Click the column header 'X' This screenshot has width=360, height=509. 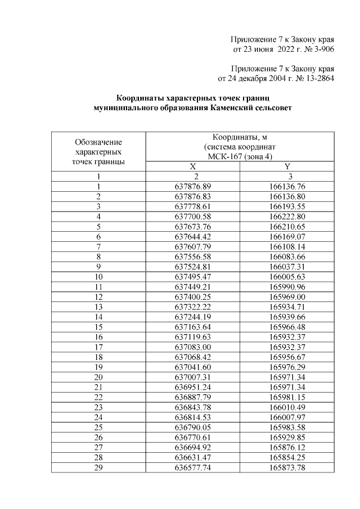tap(192, 166)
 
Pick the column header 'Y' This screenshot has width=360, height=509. tap(287, 166)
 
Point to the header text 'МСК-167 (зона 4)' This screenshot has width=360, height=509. tap(240, 156)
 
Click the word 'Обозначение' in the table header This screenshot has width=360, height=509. tap(98, 142)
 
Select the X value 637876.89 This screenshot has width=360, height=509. tap(192, 186)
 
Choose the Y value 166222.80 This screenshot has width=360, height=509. tap(287, 216)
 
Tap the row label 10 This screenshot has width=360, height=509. tap(98, 277)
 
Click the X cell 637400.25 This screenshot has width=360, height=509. tap(192, 296)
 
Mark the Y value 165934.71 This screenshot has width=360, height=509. tap(287, 307)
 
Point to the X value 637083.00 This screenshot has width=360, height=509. tap(192, 347)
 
